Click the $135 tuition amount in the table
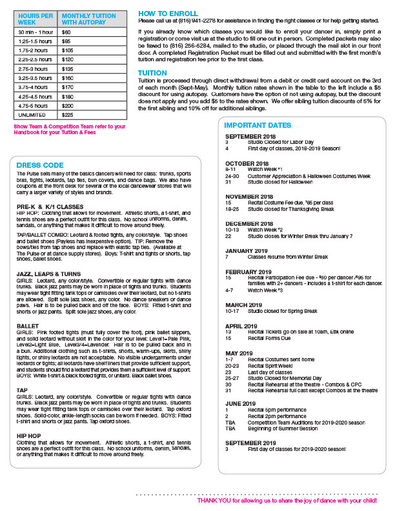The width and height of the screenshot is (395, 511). [x=67, y=68]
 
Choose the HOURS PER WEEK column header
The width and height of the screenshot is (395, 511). [x=35, y=18]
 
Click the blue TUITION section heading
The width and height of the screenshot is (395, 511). [x=152, y=73]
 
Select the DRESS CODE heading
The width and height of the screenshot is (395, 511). [x=40, y=165]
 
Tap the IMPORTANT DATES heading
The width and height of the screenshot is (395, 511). [x=258, y=125]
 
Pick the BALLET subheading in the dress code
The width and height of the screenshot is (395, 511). [x=28, y=326]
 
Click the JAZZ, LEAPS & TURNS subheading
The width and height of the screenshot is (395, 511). [x=49, y=274]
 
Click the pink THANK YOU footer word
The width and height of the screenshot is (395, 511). [x=210, y=500]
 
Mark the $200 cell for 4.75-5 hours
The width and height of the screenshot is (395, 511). [x=67, y=105]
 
